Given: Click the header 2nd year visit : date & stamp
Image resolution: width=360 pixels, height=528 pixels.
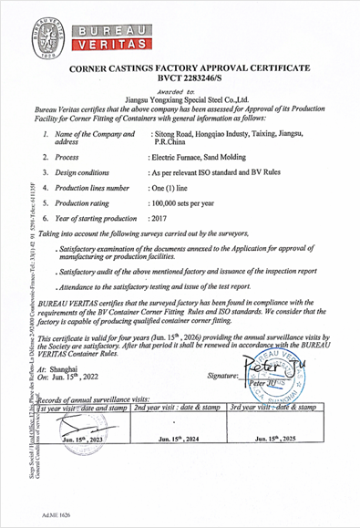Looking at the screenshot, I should [179, 407].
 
